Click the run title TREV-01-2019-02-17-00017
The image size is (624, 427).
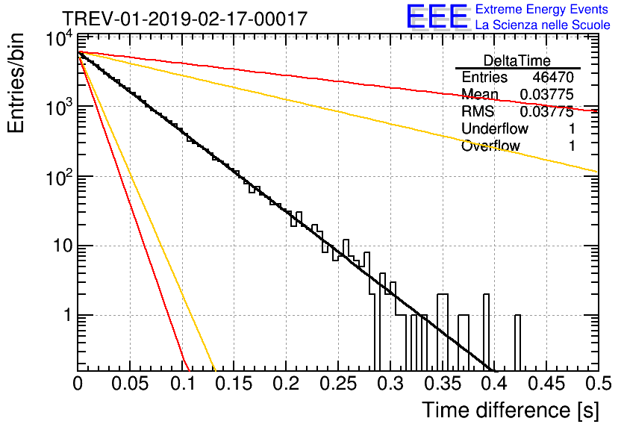coord(184,19)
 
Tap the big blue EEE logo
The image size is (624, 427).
coord(437,17)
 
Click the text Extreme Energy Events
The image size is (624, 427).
coord(543,10)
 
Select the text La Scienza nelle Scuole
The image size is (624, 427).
coord(543,25)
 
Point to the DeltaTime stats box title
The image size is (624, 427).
coord(517,60)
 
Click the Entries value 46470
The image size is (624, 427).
coord(553,78)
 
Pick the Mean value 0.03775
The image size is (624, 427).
coord(546,95)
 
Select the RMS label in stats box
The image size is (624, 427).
coord(478,112)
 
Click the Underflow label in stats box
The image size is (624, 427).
coord(495,129)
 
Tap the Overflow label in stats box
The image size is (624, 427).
coord(490,146)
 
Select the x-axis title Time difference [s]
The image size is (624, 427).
coord(510,410)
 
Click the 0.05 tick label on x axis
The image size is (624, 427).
coord(129,384)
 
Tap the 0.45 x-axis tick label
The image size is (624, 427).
coord(545,384)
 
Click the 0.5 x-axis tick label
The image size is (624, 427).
coord(597,384)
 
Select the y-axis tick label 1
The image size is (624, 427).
coord(66,315)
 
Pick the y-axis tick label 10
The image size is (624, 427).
coord(60,246)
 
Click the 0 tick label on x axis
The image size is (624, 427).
coord(78,384)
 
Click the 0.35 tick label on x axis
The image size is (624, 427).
coord(441,384)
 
